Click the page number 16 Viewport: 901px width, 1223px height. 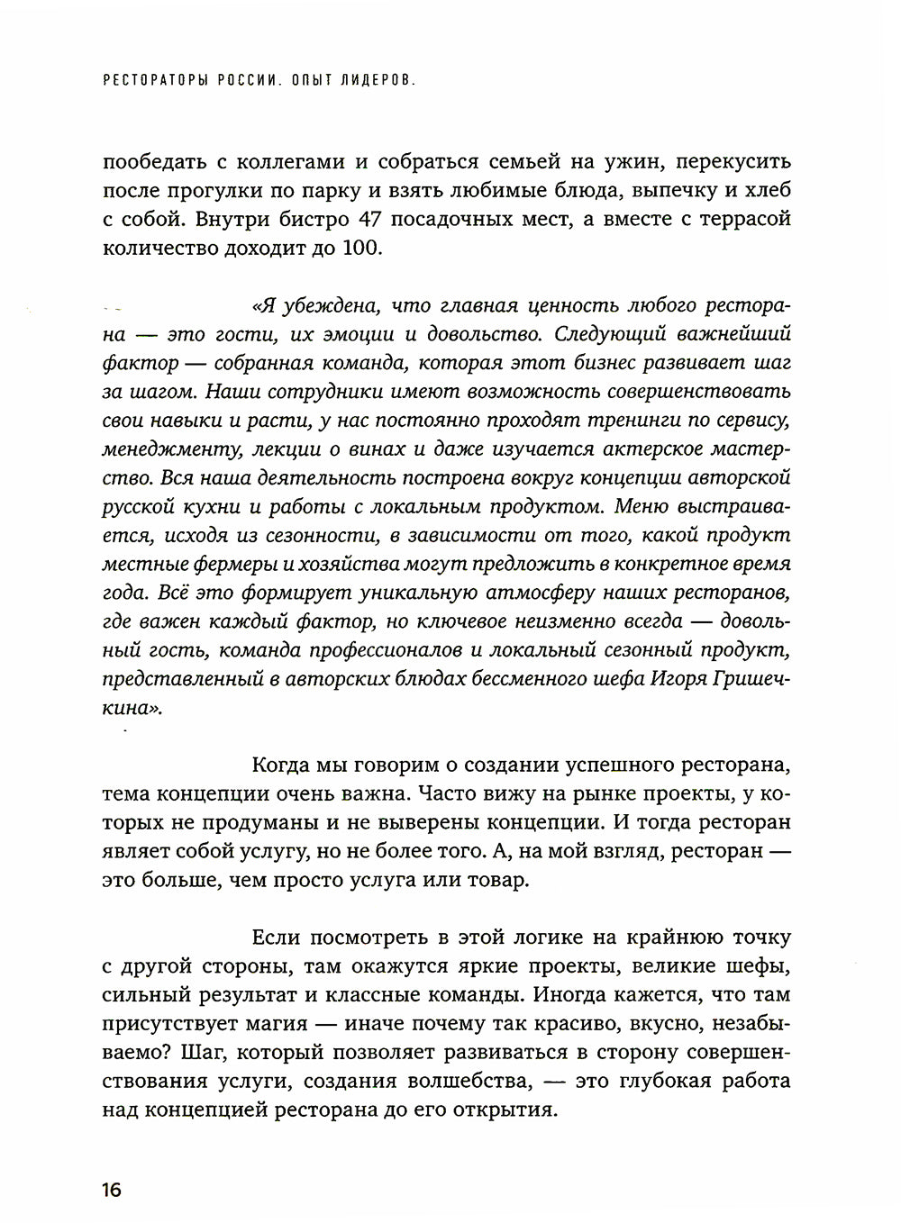112,1190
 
